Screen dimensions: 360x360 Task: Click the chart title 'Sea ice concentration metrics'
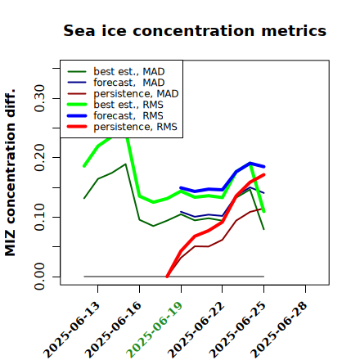195,31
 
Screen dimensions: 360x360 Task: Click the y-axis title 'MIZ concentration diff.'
10,173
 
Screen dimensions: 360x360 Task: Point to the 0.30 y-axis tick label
40,98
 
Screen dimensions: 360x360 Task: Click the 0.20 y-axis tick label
40,157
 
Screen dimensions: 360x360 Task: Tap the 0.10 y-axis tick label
40,217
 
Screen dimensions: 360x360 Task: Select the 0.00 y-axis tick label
40,277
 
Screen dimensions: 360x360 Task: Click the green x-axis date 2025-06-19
155,330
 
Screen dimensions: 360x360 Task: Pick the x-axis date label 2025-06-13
71,330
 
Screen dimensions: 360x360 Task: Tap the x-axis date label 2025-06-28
279,330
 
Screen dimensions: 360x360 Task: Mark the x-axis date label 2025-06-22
196,330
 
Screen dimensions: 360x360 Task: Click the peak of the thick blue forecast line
250,163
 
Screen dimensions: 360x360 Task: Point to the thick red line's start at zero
167,277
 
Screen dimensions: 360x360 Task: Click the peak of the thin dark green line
125,164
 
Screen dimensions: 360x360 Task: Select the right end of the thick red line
263,174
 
